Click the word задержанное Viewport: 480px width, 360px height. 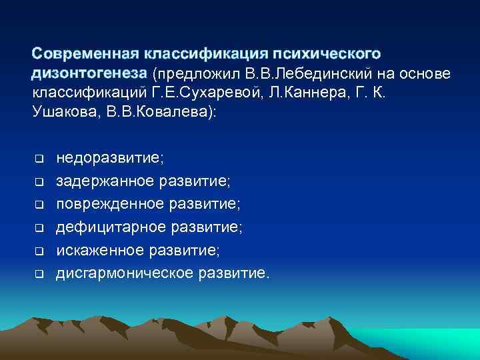[105, 181]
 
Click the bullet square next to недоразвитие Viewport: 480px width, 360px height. [39, 159]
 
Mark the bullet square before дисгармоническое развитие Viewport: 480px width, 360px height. [39, 273]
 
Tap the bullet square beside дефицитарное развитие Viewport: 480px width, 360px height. [39, 228]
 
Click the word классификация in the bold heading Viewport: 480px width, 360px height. [198, 53]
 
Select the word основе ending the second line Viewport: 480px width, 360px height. [426, 72]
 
